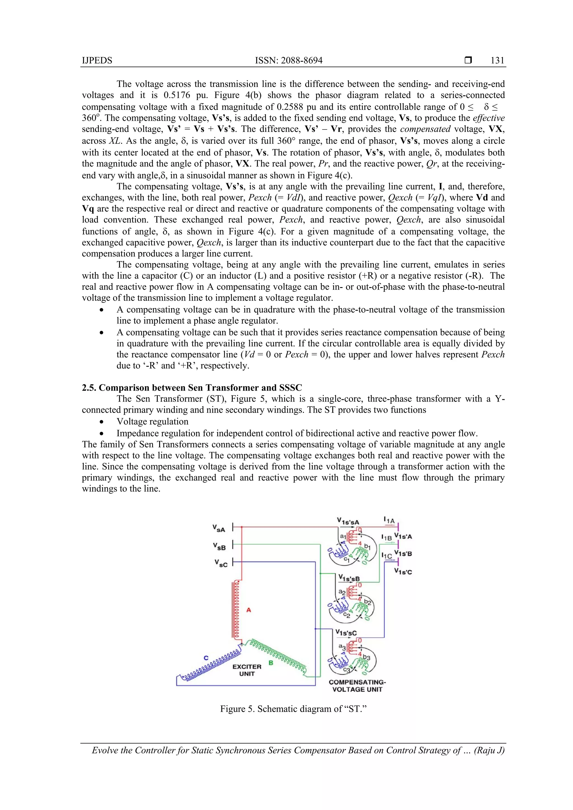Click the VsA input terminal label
(x=219, y=528)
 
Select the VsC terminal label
(x=221, y=563)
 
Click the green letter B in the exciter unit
(x=271, y=663)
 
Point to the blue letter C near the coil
(x=206, y=658)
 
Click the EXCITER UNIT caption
(x=247, y=670)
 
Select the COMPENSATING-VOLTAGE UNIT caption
(x=357, y=686)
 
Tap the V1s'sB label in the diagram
(x=349, y=578)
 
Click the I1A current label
(x=389, y=520)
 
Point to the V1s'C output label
(x=403, y=572)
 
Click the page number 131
(x=497, y=60)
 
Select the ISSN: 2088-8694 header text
(x=288, y=60)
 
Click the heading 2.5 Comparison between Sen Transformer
(x=192, y=388)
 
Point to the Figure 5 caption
(x=293, y=709)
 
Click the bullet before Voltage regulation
(x=102, y=422)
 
